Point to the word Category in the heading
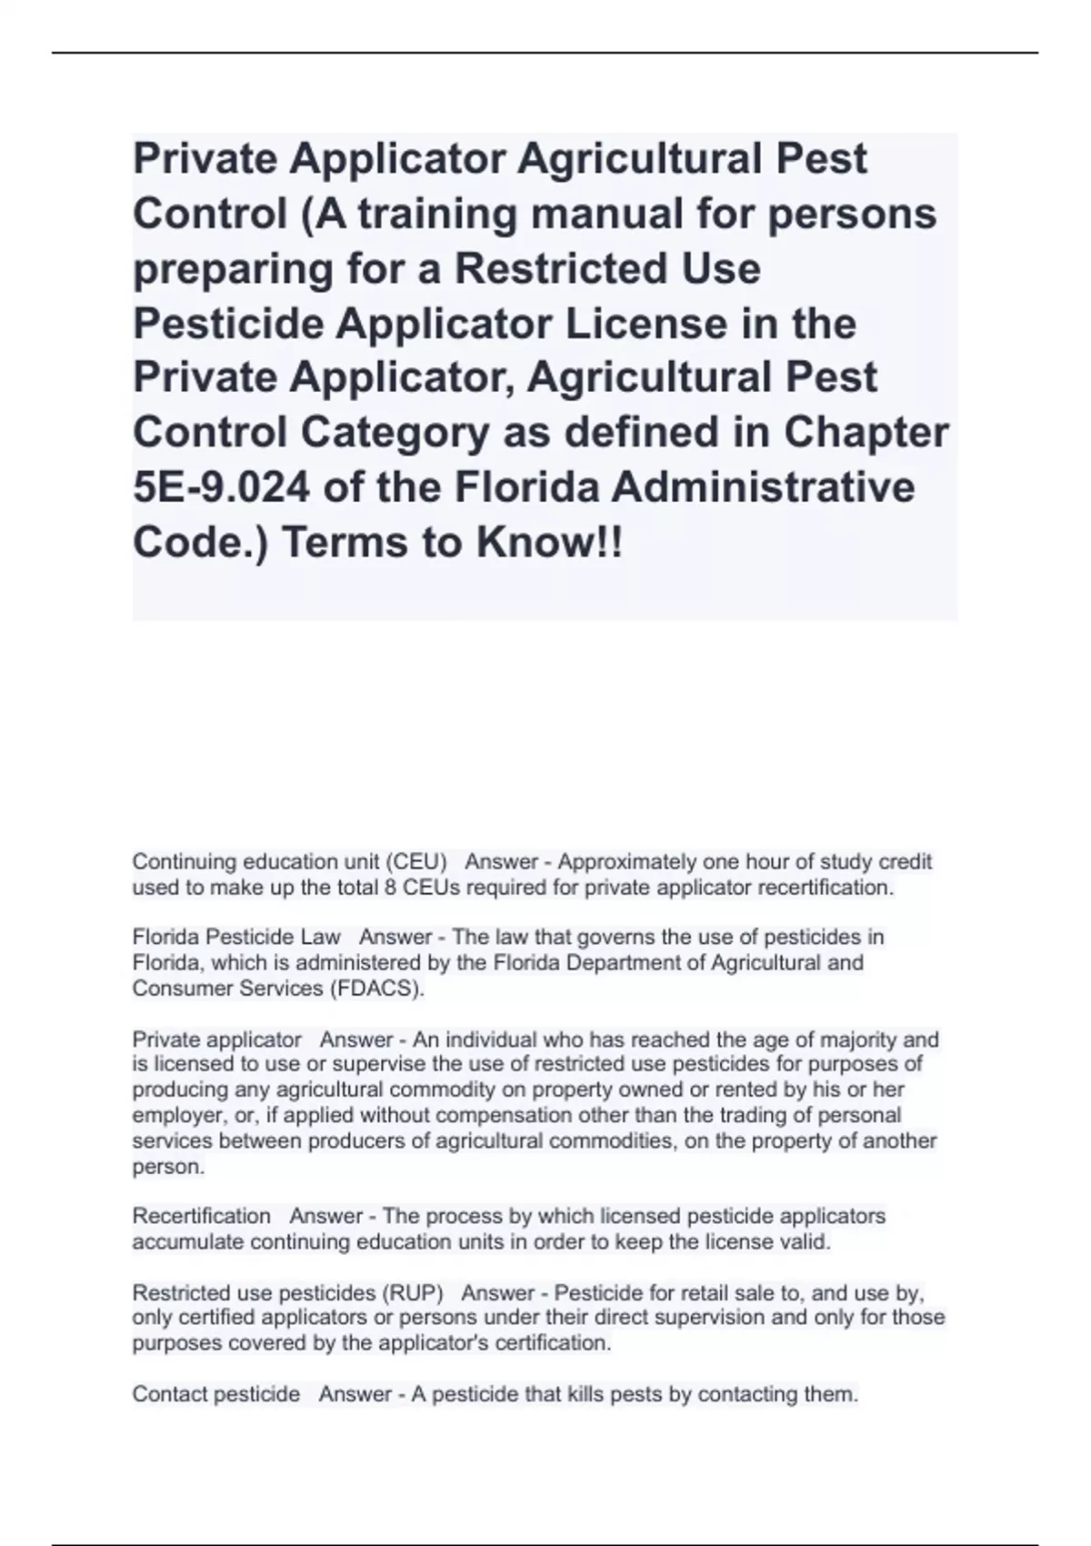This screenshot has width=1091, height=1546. [394, 433]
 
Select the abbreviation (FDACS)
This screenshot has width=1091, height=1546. [374, 989]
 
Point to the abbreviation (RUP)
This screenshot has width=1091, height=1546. [414, 1292]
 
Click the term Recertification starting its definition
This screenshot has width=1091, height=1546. [202, 1216]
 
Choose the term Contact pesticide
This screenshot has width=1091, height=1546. [216, 1394]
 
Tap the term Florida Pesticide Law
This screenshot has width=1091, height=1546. [236, 937]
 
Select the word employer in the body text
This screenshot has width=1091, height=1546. [172, 1115]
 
